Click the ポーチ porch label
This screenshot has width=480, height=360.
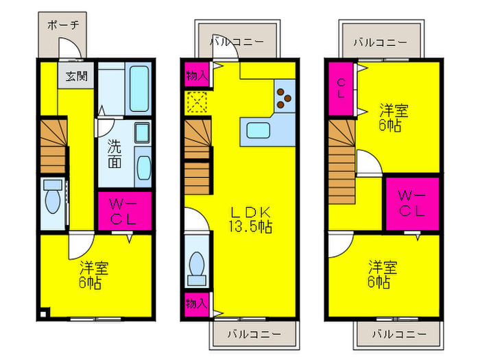[x=62, y=25]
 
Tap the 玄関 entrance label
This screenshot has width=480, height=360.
[x=76, y=76]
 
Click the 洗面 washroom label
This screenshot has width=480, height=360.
[x=115, y=154]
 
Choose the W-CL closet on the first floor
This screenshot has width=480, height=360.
[x=124, y=211]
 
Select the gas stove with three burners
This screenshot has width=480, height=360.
[x=284, y=96]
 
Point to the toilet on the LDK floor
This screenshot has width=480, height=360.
[x=197, y=265]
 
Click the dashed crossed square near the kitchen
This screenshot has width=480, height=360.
[x=195, y=103]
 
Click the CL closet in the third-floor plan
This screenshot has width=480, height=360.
[x=341, y=88]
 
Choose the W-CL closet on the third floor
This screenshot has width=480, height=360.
[x=411, y=203]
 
